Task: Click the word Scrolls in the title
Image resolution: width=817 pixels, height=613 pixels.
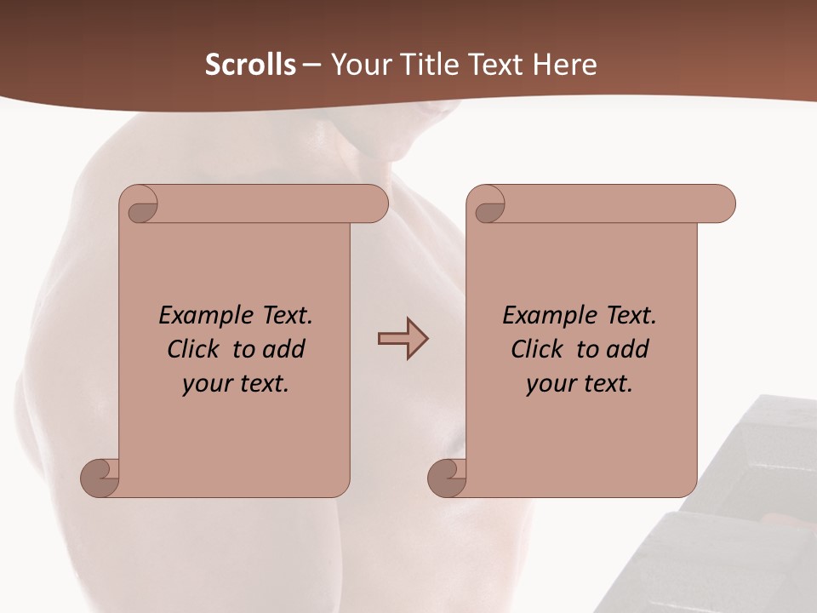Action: pyautogui.click(x=250, y=65)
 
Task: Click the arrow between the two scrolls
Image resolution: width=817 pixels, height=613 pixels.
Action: pyautogui.click(x=403, y=339)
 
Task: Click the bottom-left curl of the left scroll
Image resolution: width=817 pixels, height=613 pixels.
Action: pyautogui.click(x=101, y=477)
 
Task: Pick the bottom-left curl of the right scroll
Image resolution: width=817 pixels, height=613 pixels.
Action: pyautogui.click(x=448, y=477)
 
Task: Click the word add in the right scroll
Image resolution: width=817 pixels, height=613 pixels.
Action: pyautogui.click(x=626, y=349)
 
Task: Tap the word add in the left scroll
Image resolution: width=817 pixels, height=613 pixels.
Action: pyautogui.click(x=283, y=349)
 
